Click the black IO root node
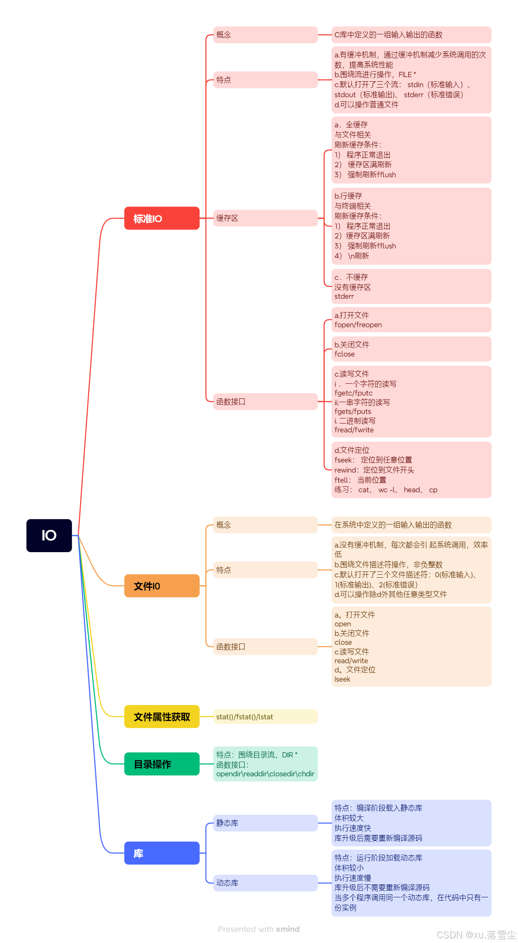pos(49,535)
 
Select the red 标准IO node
pos(162,218)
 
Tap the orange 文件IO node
pos(162,586)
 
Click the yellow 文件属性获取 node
pos(162,716)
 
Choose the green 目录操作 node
pos(162,764)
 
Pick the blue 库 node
pos(162,853)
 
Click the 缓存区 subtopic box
pos(265,218)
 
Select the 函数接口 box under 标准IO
pos(265,401)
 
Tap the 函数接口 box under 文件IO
pos(265,646)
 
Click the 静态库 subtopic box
pos(265,823)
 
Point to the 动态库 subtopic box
pos(265,883)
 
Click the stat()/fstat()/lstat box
pos(265,716)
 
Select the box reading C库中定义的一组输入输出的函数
pos(411,35)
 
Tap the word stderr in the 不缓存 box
pos(344,297)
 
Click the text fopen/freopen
pos(358,325)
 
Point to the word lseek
pos(342,679)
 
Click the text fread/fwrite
pos(354,430)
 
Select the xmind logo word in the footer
pos(288,929)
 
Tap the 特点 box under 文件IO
pos(265,570)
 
